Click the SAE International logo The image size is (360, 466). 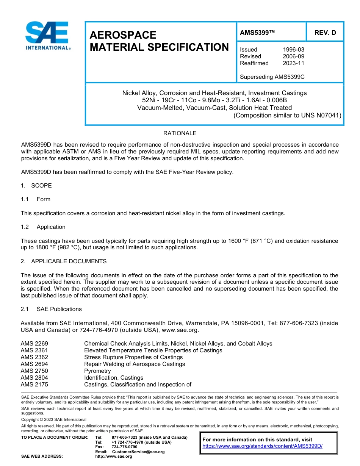47,36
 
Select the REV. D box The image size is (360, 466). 325,33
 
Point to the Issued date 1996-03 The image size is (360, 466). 293,50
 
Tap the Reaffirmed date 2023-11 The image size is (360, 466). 293,63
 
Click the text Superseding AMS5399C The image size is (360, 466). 272,77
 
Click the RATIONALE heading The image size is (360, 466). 180,133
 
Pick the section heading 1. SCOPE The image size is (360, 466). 36,186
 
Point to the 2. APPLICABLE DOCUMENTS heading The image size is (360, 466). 64,261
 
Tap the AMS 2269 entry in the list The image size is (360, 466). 34,344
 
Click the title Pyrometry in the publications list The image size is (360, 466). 97,371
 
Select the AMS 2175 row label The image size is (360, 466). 34,385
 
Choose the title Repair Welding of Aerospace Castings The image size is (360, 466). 135,364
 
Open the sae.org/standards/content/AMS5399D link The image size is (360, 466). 262,446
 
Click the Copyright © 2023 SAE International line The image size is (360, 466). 54,420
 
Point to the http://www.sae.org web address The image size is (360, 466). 114,457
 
